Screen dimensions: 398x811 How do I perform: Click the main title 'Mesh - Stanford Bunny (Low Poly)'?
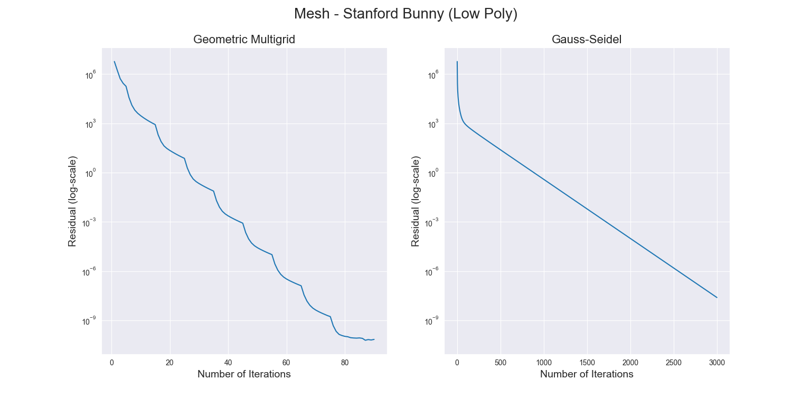coord(405,14)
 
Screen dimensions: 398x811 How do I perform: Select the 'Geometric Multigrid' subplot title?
coord(244,39)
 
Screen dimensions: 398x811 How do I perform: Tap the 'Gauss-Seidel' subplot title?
coord(587,39)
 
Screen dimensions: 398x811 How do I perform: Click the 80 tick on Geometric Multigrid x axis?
coord(344,363)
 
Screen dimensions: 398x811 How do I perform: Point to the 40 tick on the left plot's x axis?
coord(228,363)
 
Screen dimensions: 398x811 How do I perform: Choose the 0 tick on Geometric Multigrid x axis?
coord(111,363)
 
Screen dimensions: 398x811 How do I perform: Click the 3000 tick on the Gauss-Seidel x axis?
coord(717,363)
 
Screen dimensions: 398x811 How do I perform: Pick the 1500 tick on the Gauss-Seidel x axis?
coord(587,363)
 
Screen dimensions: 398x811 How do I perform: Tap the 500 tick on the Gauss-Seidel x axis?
coord(501,363)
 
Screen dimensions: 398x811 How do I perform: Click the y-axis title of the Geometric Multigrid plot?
coord(73,201)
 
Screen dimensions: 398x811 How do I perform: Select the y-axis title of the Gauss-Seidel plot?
coord(416,201)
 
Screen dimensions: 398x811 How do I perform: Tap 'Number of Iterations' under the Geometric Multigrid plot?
coord(244,374)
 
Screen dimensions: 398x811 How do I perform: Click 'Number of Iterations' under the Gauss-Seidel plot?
coord(587,374)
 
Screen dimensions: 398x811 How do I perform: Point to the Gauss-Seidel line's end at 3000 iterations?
coord(717,298)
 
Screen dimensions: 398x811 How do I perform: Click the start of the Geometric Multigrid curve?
coord(115,62)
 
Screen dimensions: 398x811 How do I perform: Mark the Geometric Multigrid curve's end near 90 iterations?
coord(374,339)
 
